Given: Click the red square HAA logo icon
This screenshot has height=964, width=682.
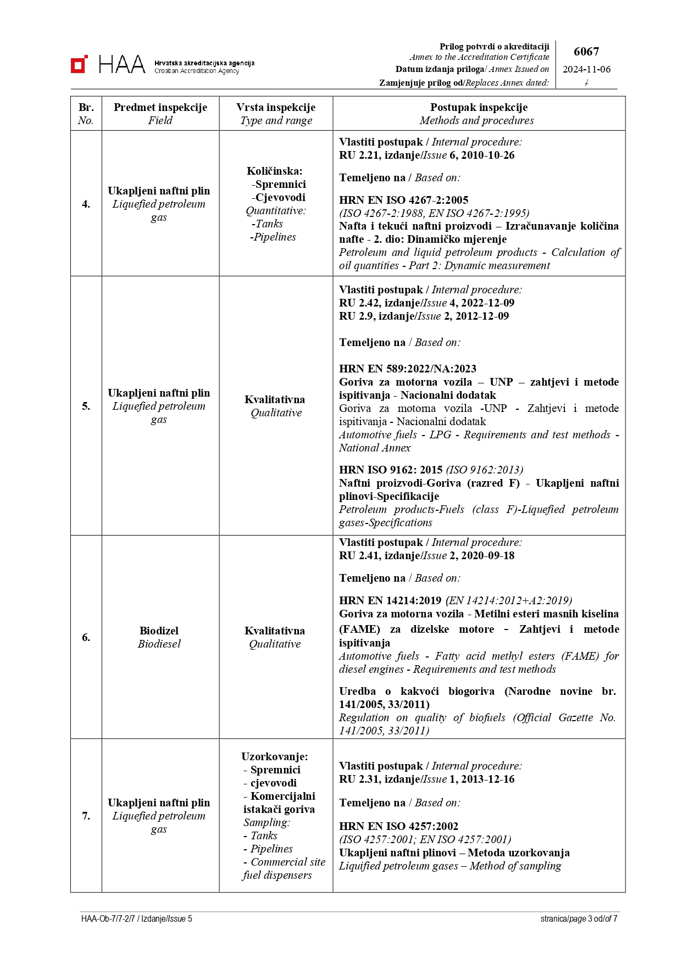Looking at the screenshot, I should [79, 64].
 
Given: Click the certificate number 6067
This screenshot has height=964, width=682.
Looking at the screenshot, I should [586, 52].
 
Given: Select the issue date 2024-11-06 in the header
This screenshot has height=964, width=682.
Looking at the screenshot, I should [586, 69].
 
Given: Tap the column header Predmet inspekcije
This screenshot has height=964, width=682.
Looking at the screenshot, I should [160, 107].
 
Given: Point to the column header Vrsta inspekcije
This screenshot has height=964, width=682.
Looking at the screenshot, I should [276, 107].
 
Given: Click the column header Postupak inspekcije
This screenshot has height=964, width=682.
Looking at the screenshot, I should [479, 107].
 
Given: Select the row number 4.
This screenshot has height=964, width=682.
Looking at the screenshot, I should [86, 204].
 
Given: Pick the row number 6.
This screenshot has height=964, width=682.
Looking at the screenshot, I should [86, 637].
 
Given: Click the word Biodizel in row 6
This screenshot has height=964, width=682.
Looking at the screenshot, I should [159, 631].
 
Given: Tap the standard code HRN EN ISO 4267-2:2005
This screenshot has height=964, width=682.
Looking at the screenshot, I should [403, 200].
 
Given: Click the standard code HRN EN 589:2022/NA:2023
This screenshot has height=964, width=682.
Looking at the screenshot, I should [407, 369].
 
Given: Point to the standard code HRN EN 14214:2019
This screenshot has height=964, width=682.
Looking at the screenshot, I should [390, 600].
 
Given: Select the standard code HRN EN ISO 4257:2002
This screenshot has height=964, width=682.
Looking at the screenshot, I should [398, 826].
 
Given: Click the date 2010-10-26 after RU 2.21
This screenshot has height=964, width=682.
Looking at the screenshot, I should [487, 155].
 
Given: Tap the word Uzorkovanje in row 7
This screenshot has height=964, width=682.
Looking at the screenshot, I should [274, 756].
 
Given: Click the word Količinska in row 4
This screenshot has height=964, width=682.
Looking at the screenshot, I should [274, 171].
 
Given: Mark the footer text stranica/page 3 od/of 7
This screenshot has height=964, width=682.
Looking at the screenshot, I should [579, 918].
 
